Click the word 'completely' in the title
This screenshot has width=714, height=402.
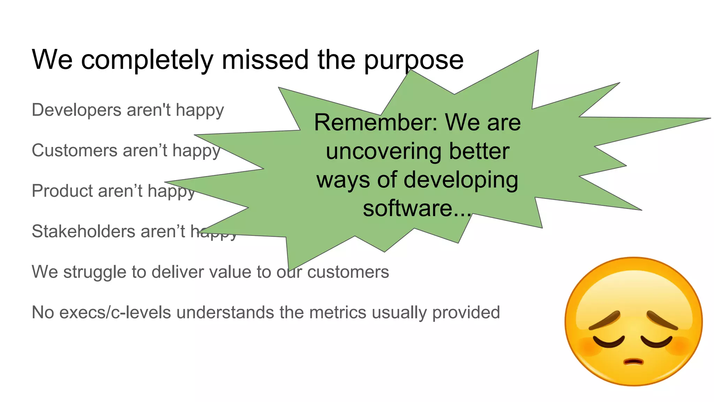(x=147, y=60)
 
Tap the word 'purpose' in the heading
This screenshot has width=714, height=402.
(x=414, y=60)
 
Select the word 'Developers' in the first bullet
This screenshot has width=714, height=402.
(x=76, y=110)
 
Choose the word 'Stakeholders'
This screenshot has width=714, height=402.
(x=83, y=232)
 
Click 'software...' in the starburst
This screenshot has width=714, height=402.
(x=417, y=208)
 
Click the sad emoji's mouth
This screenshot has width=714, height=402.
(x=633, y=362)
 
